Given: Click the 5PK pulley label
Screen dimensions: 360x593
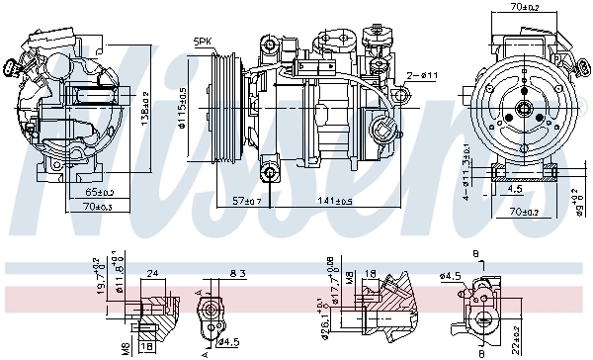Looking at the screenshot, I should click(204, 42).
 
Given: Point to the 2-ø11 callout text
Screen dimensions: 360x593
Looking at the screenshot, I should click(422, 76).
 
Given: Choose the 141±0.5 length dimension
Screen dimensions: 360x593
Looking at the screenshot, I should click(334, 200).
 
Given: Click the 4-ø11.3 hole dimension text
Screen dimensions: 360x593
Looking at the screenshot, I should click(464, 171).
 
